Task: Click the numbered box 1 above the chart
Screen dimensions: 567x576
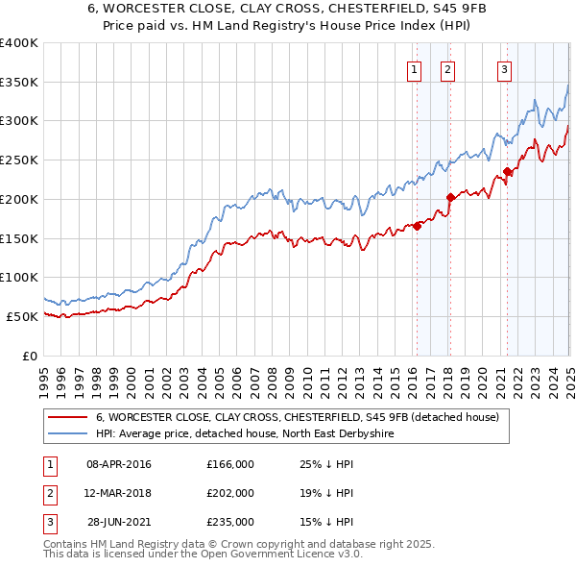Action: coord(414,68)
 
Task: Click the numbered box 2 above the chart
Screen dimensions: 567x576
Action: coord(447,68)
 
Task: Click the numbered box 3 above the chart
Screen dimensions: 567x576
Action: coord(504,68)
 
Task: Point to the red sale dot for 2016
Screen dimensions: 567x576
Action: coord(417,227)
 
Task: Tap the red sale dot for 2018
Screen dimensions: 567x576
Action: coord(450,198)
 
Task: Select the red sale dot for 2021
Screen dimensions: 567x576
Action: coord(507,172)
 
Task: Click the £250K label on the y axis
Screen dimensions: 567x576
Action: coord(18,160)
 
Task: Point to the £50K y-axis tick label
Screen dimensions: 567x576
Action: coord(22,316)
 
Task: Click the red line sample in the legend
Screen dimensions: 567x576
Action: coord(69,417)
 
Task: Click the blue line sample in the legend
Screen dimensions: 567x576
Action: coord(69,434)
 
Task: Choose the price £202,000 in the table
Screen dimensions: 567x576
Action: coord(230,493)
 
